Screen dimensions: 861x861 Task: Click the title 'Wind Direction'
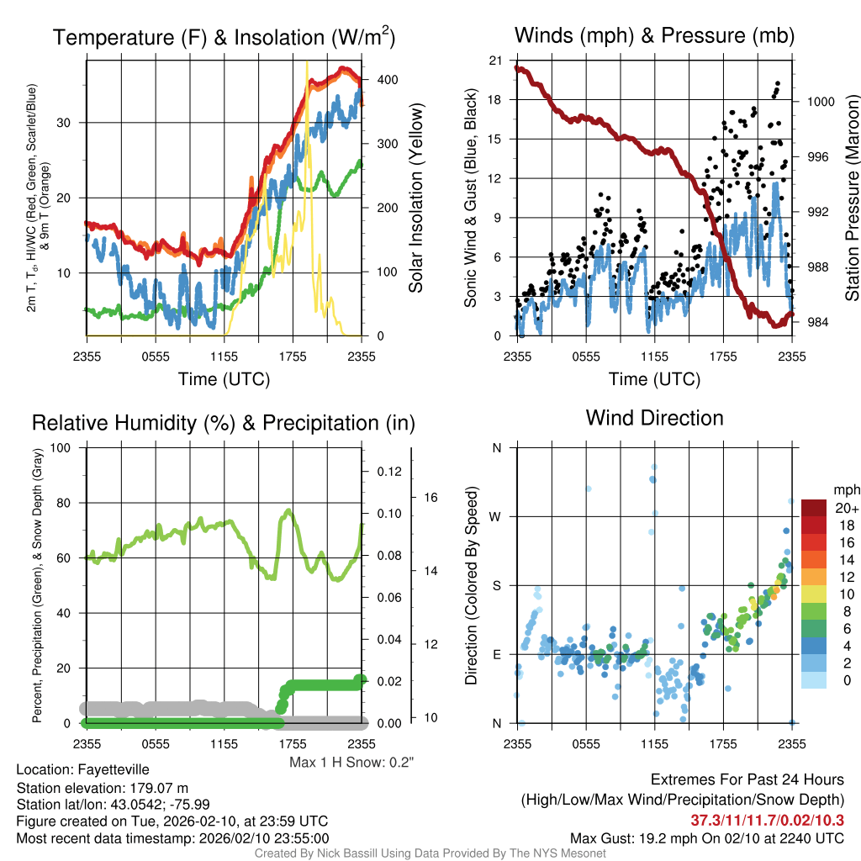(654, 417)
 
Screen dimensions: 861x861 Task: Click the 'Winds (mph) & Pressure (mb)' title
(654, 35)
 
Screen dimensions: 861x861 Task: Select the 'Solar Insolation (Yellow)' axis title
(416, 198)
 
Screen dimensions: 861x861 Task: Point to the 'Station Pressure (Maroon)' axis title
(852, 198)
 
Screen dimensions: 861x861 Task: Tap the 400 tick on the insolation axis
(387, 79)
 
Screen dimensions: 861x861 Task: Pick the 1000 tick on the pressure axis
(821, 101)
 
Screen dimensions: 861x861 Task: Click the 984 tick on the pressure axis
(818, 323)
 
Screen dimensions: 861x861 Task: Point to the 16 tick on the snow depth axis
(430, 498)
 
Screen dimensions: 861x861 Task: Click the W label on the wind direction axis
(496, 516)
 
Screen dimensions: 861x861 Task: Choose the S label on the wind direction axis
(497, 585)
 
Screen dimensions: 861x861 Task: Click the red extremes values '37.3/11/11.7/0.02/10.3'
(768, 820)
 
